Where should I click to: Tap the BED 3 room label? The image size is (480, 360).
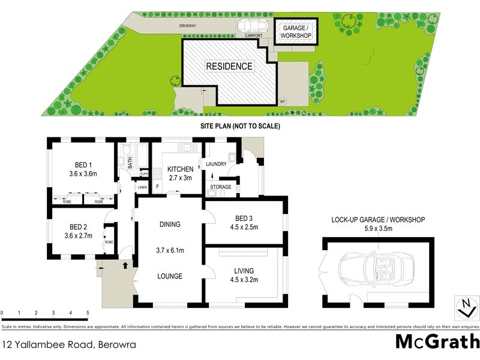tap(244, 218)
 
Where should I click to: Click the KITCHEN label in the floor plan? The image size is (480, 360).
tap(180, 169)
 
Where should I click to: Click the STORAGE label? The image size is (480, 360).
tap(220, 187)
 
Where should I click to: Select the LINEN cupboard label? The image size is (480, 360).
tap(142, 188)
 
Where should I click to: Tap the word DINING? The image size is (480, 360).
tap(170, 224)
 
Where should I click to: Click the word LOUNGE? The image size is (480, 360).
tap(170, 276)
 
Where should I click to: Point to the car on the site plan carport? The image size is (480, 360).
tap(253, 27)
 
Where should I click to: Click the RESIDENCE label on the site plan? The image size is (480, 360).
tap(229, 66)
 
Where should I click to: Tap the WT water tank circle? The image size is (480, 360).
tap(283, 101)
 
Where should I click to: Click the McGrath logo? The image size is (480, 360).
tap(437, 341)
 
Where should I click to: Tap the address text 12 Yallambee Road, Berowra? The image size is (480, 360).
tap(69, 344)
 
